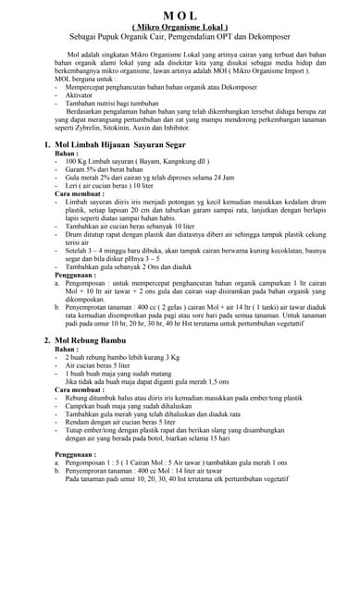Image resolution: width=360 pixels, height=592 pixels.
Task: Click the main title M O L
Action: pos(180,16)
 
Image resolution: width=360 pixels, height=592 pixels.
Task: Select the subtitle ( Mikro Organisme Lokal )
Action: pos(180,28)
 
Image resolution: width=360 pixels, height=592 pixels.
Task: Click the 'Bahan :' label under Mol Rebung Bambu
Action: pos(65,350)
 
